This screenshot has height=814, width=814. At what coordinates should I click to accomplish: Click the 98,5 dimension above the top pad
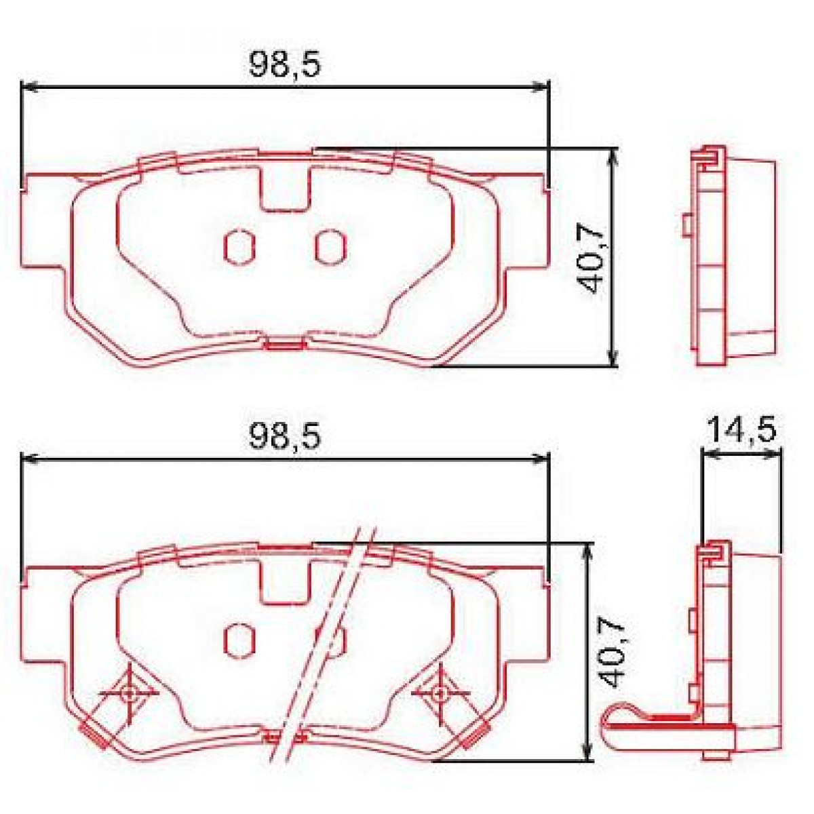[x=284, y=64]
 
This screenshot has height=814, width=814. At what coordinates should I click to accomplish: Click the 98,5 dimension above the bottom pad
[x=284, y=436]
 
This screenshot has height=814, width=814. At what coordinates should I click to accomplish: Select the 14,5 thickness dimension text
[x=741, y=429]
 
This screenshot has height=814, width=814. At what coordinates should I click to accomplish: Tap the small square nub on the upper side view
[x=686, y=225]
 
